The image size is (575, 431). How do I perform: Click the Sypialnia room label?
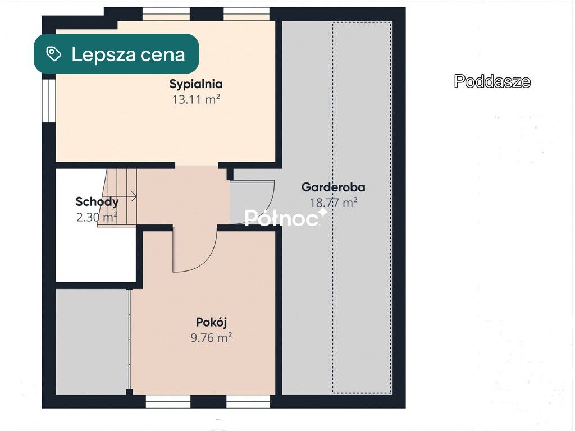coord(196,84)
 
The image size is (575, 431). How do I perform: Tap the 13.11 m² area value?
coord(196,99)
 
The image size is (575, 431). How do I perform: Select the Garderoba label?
coord(334,187)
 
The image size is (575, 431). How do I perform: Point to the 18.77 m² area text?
coord(334,203)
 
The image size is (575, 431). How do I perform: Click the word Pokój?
coord(211,322)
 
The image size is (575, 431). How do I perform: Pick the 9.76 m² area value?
coord(211,337)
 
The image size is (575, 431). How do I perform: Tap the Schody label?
coord(97,202)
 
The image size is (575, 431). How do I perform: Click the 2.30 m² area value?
coord(97,217)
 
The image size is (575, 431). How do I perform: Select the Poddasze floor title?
coord(492,81)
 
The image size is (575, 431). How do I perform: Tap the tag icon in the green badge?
coord(53,54)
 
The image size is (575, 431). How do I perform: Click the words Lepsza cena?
coord(128,54)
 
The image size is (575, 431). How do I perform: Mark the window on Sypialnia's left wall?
coord(49,100)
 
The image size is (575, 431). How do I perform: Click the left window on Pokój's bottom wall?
coord(167,401)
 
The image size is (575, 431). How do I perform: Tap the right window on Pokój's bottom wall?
coord(248,401)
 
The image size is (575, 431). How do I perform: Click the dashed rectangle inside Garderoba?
coord(362,208)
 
